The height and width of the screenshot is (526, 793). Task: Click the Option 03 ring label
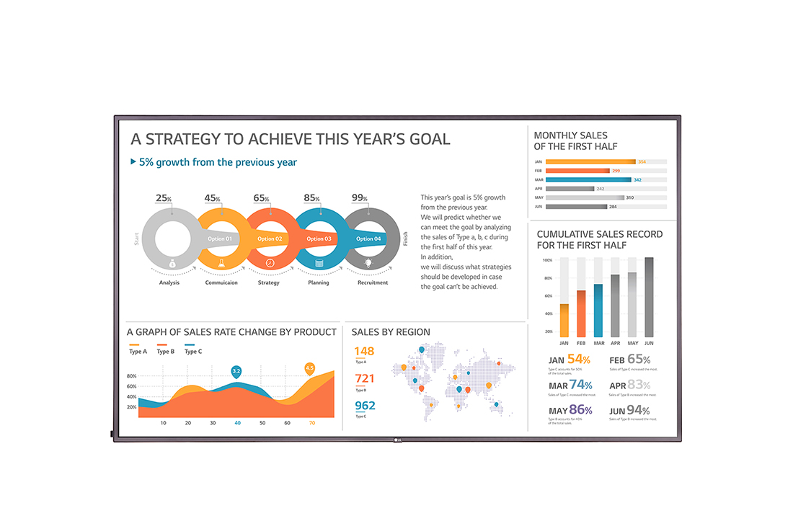click(319, 239)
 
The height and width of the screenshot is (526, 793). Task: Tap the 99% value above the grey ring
click(359, 198)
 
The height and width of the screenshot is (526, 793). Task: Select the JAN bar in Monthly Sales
click(590, 161)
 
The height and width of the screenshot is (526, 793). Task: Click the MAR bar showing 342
click(588, 179)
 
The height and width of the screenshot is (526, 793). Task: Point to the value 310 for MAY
click(630, 197)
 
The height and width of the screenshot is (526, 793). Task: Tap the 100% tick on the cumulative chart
click(547, 260)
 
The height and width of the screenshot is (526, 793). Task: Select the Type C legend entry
click(192, 351)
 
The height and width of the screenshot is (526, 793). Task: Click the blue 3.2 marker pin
click(236, 371)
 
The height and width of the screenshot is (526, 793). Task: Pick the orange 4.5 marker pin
click(310, 368)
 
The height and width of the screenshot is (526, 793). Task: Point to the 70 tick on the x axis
click(311, 423)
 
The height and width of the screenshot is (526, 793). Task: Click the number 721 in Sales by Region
click(364, 378)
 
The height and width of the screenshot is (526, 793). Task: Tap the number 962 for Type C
click(365, 406)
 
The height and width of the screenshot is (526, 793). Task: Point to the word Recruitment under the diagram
click(372, 282)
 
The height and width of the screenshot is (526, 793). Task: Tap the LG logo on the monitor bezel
click(395, 440)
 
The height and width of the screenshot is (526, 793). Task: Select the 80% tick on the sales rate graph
click(132, 376)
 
